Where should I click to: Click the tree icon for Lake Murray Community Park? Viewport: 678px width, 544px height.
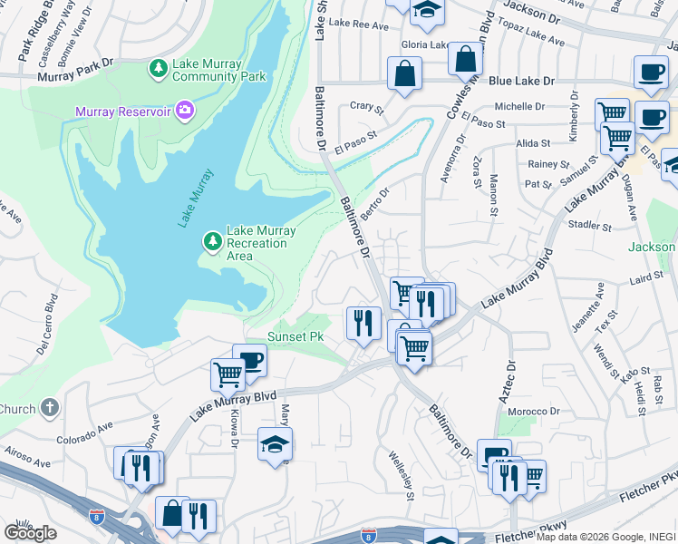pyautogui.click(x=159, y=68)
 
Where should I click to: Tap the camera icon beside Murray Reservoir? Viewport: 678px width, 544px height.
pyautogui.click(x=185, y=111)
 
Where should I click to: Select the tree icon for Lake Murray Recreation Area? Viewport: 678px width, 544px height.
pyautogui.click(x=212, y=240)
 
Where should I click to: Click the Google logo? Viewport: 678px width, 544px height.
pyautogui.click(x=30, y=532)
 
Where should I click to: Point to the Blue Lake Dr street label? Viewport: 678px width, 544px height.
pyautogui.click(x=521, y=81)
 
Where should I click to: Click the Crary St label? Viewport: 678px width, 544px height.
pyautogui.click(x=367, y=106)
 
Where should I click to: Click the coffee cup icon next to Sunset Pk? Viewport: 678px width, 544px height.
pyautogui.click(x=249, y=359)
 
